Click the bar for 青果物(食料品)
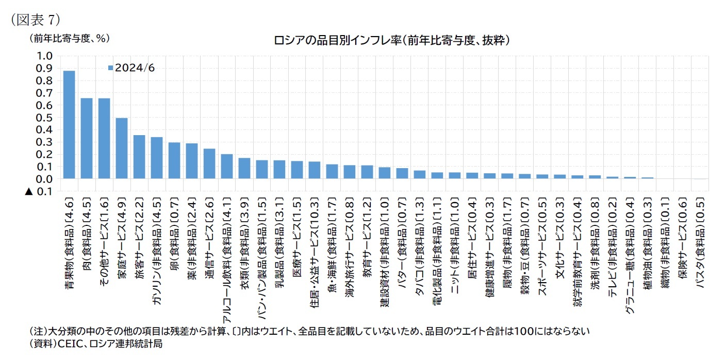click(69, 125)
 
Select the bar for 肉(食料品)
click(87, 138)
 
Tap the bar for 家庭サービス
click(122, 149)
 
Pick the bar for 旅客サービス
click(139, 157)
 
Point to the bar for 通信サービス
click(209, 163)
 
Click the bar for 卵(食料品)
click(174, 160)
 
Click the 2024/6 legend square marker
click(110, 68)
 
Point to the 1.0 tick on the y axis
click(44, 56)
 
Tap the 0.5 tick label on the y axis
click(44, 118)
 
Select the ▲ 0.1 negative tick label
click(39, 191)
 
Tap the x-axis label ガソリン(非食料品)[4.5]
click(157, 242)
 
